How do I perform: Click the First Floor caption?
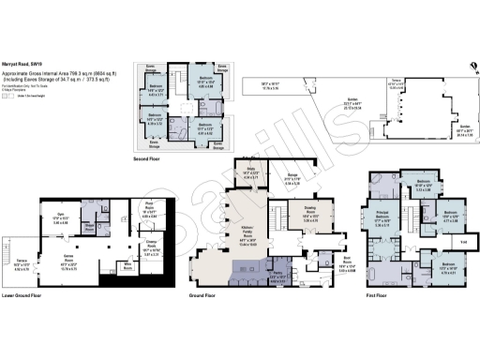(380, 293)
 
